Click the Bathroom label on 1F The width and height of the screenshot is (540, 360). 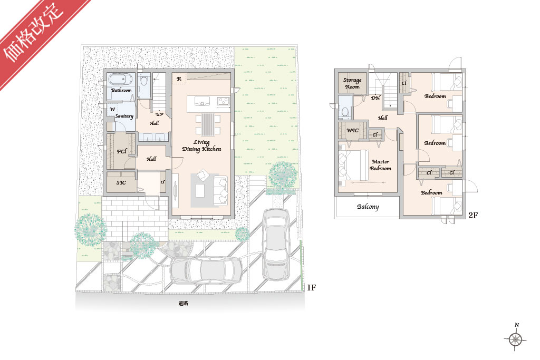121,90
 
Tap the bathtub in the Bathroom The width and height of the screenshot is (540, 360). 121,80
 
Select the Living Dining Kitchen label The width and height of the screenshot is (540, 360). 202,145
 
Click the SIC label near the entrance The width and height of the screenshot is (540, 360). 121,182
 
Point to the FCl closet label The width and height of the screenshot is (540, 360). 122,151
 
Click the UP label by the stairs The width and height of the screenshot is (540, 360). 159,114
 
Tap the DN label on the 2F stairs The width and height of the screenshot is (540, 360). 375,98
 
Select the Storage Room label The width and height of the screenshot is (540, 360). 352,83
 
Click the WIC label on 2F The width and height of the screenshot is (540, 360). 352,130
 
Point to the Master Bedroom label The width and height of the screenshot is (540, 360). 381,165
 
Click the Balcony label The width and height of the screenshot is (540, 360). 368,207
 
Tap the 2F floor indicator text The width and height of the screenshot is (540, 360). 473,216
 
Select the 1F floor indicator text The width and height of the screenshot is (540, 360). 311,288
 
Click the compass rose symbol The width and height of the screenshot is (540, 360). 516,339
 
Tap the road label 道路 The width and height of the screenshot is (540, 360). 184,304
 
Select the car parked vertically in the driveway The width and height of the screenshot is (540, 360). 276,244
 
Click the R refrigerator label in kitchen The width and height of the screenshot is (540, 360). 179,79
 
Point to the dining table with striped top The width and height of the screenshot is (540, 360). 208,124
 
